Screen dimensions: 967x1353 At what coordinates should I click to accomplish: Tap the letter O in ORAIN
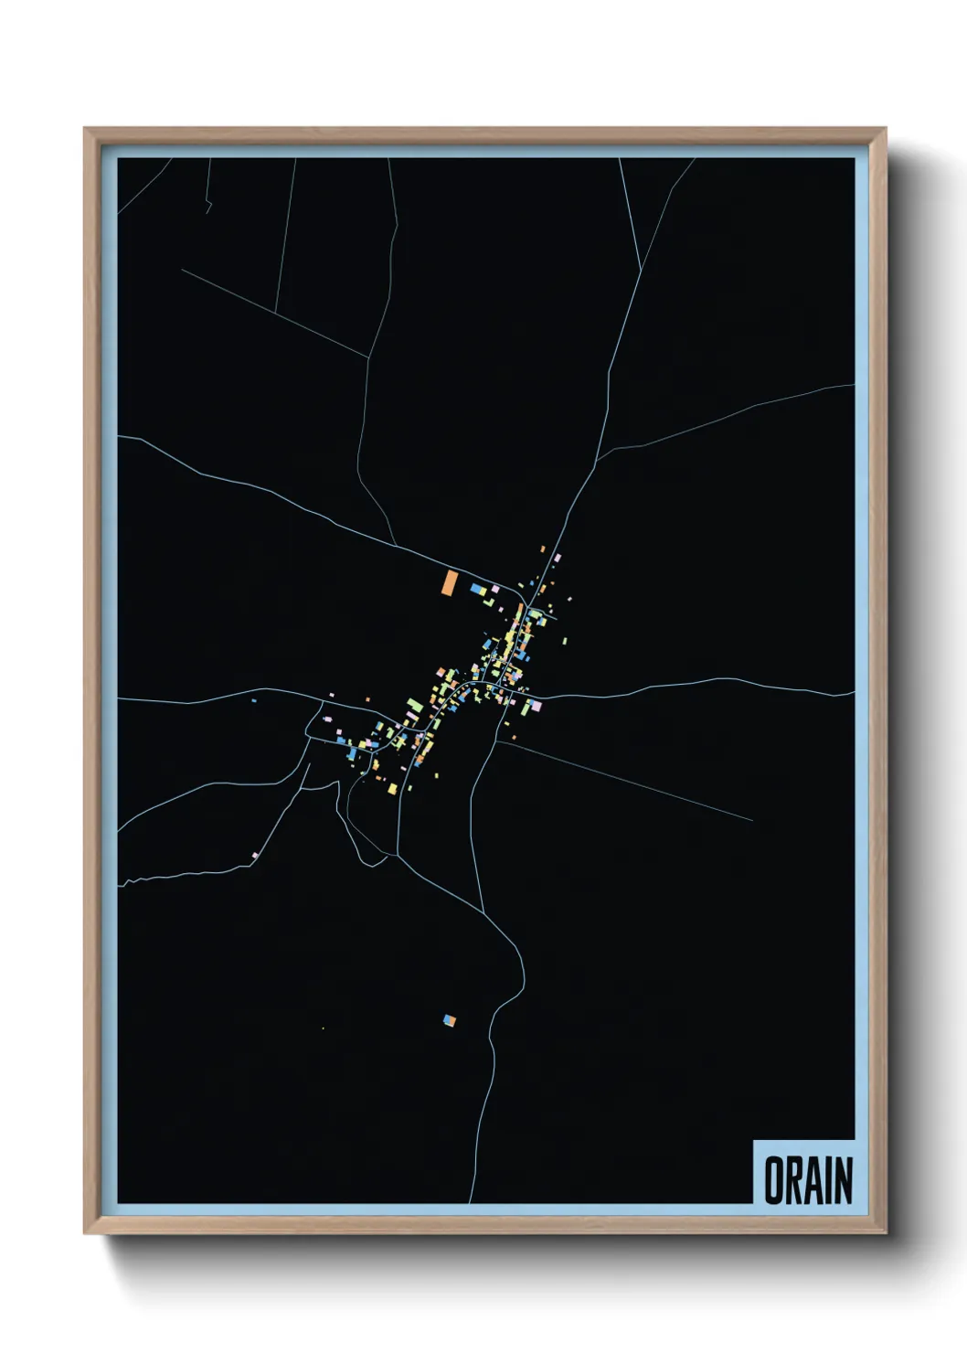[774, 1180]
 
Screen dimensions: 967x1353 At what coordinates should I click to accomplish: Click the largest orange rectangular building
[450, 582]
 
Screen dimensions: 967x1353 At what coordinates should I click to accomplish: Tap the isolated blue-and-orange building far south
[449, 1019]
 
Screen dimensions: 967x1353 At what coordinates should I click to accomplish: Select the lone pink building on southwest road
[256, 856]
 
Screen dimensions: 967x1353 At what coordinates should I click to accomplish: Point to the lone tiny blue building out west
[253, 701]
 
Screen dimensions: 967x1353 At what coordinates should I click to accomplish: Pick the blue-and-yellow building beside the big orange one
[478, 590]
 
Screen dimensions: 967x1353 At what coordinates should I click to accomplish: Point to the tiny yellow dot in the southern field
[323, 1028]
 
